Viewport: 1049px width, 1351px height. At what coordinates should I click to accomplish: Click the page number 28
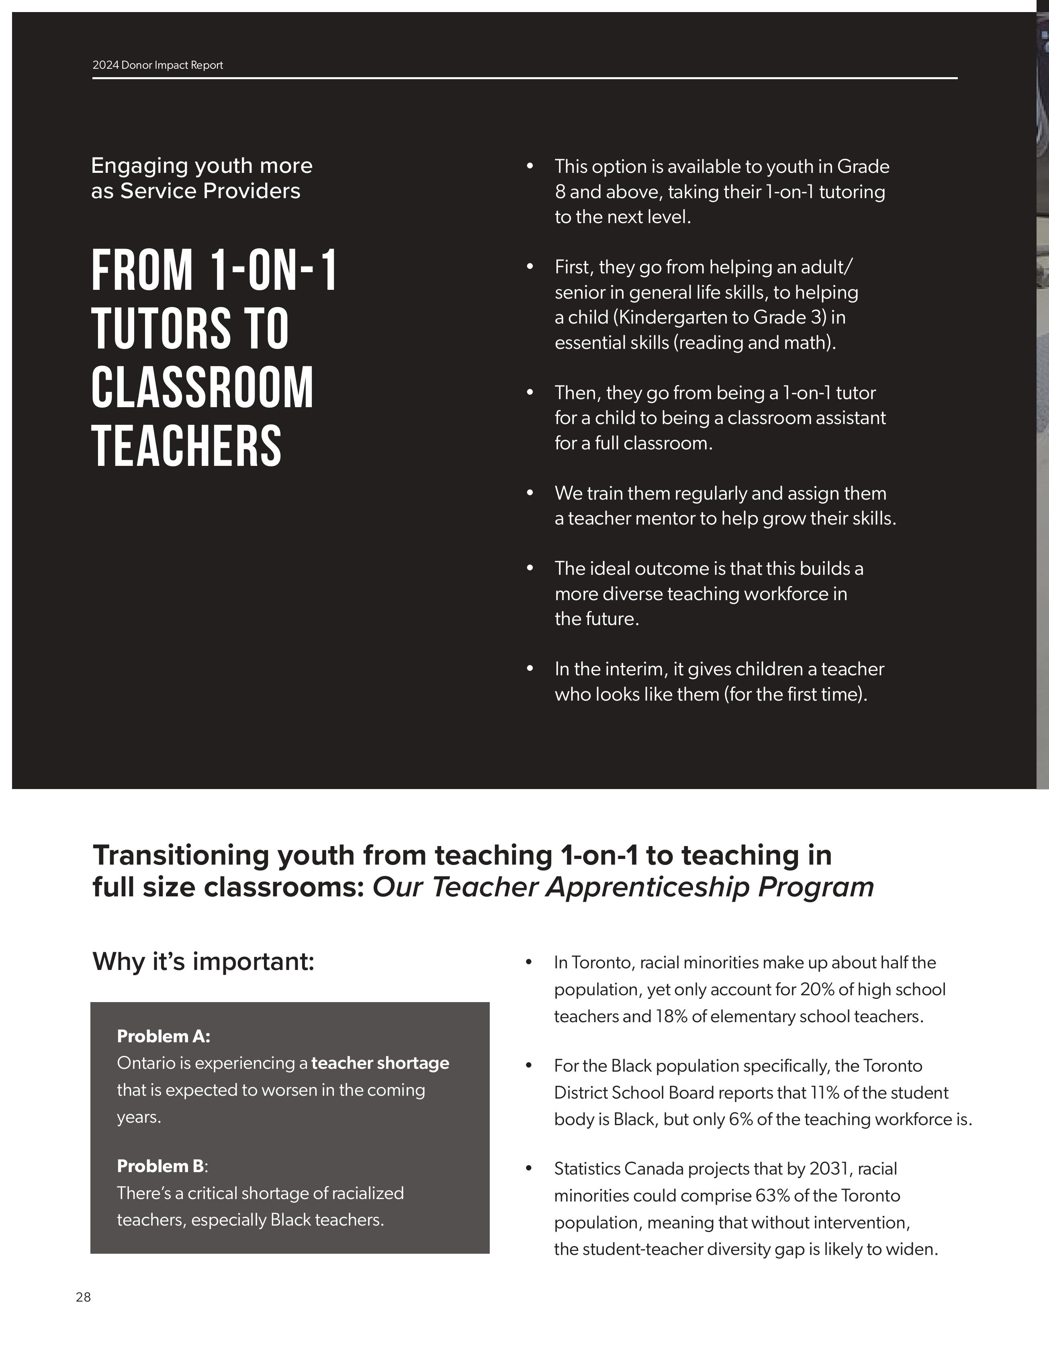(83, 1297)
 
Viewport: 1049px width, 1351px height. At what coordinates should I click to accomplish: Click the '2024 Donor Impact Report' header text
(157, 65)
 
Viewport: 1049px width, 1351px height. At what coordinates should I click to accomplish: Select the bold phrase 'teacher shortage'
(380, 1063)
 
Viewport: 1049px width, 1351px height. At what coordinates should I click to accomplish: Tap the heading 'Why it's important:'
(203, 962)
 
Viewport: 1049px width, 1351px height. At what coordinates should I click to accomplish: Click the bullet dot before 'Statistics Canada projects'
(529, 1169)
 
